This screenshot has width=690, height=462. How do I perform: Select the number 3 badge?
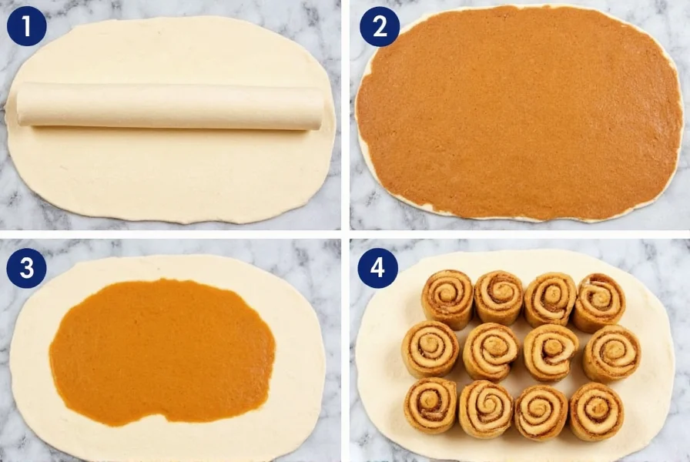(x=27, y=269)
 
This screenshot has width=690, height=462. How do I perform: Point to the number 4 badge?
(x=378, y=269)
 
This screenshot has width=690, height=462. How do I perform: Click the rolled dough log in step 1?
(x=169, y=105)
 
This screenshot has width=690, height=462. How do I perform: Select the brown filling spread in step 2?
(x=519, y=112)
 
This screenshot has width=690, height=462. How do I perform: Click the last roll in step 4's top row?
(x=599, y=301)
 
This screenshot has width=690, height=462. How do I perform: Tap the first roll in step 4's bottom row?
(x=430, y=404)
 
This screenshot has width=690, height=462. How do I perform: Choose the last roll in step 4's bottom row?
(x=596, y=410)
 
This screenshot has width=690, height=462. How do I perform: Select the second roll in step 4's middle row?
(x=491, y=351)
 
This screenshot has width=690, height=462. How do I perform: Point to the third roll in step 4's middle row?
(x=551, y=352)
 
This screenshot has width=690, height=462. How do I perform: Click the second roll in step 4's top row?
(x=498, y=296)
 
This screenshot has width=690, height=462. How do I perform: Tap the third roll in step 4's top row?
(x=550, y=299)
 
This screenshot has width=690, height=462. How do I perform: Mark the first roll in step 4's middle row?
(x=430, y=349)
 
